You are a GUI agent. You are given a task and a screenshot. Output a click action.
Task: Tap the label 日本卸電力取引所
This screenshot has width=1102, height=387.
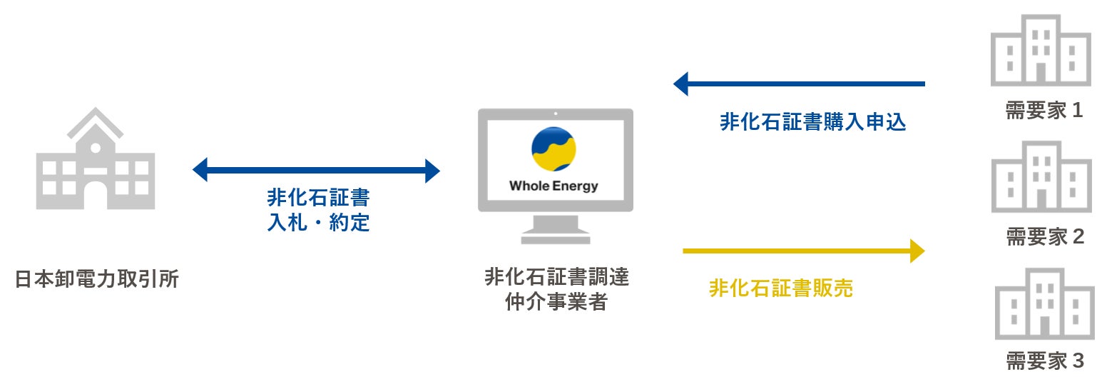click(x=97, y=278)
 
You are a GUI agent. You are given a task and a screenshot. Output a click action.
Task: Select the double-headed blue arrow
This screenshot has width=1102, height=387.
click(x=316, y=171)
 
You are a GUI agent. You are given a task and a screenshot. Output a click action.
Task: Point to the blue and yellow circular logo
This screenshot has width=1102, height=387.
click(x=553, y=149)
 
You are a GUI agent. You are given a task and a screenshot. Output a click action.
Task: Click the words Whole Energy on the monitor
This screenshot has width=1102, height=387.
click(x=553, y=186)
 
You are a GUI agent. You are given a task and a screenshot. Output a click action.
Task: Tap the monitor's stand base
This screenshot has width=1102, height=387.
click(x=555, y=238)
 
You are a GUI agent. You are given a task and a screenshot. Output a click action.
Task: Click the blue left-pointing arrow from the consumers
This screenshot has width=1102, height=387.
click(x=799, y=84)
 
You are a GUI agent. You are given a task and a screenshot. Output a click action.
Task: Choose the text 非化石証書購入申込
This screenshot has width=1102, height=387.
click(x=812, y=122)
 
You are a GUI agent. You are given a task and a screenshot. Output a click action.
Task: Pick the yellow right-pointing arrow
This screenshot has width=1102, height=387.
click(x=804, y=251)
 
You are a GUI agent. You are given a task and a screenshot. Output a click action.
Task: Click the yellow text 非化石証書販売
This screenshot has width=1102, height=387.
click(x=780, y=288)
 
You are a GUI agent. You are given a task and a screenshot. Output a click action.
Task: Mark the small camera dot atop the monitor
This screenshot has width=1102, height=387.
click(x=555, y=114)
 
